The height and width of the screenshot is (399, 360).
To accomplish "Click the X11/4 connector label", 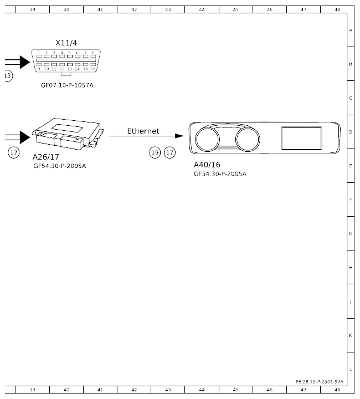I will pos(66,43).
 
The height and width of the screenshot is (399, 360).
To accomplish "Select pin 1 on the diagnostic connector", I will pos(39,55).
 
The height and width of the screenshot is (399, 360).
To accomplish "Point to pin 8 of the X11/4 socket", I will pos(92,55).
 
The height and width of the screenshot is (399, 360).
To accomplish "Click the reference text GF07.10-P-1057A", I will pos(66,85).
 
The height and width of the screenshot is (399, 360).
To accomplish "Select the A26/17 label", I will pos(45,157).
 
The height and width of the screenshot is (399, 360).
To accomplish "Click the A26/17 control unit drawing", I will pos(66,134).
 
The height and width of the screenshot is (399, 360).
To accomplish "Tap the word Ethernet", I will pos(143,131).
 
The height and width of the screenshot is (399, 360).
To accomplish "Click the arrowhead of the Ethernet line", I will pos(179,136).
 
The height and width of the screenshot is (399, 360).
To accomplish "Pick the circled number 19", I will pos(155,152).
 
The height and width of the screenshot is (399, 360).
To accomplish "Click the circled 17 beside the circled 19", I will pos(169,152).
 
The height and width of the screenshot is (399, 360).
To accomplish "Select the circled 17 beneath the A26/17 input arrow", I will pos(14,152).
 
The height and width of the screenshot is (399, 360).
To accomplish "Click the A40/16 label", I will pos(207,165).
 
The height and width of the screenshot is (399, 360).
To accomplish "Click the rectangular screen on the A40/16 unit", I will pos(301,138).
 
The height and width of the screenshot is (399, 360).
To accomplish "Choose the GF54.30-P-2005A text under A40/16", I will pos(220,173).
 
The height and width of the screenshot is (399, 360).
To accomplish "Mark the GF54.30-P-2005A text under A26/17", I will pos(59,165).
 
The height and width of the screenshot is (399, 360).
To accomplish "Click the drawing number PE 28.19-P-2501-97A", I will pos(320,381).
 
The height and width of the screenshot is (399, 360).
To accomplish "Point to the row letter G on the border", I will pos(350,234).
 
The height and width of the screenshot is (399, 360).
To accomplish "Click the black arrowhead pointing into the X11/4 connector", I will pos(24,63).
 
